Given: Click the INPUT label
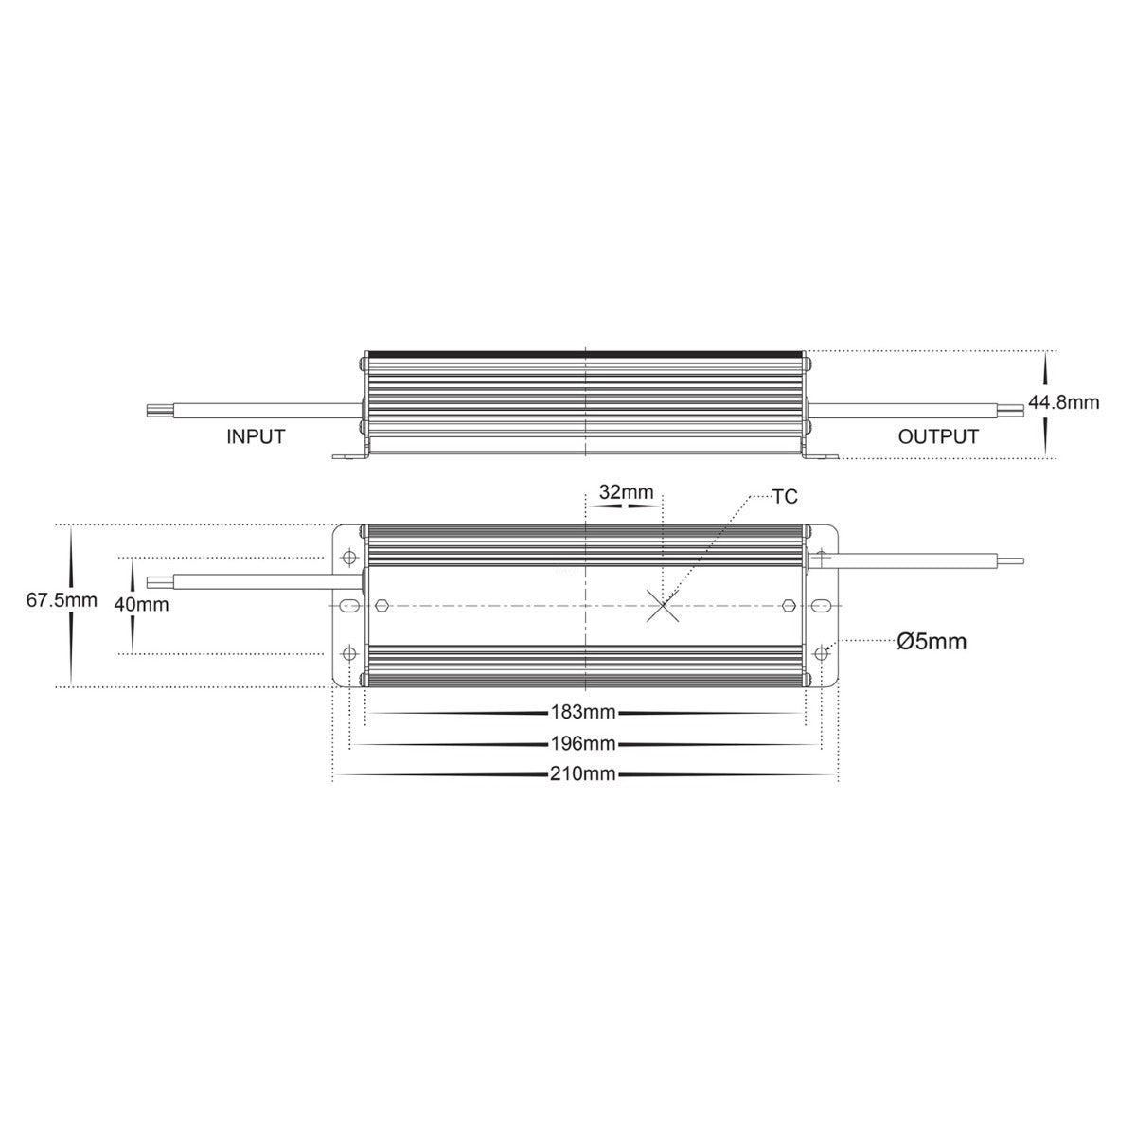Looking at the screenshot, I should coord(256,436).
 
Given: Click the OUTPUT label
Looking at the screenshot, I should coord(937,436).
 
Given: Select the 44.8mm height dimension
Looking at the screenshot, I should coord(1064,402).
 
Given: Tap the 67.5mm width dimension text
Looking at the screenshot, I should coord(62,600).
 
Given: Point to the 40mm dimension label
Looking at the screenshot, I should coord(142,604).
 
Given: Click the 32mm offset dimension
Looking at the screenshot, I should coord(627,492).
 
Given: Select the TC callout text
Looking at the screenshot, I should coord(785,495).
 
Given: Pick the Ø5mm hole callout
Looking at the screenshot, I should coord(932,642).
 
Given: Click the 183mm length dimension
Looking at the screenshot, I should coord(583,711).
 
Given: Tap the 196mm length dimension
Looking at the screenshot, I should coord(583,742).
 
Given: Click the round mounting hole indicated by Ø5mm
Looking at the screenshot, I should coord(822,652).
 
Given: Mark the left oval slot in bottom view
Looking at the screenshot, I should coord(348,605).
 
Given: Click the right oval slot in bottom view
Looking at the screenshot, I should coord(823,605).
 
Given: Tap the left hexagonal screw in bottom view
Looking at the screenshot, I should coord(381,605).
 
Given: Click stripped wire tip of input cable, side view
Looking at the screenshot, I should coord(152,412).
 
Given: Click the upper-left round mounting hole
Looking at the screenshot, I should coord(348,557).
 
